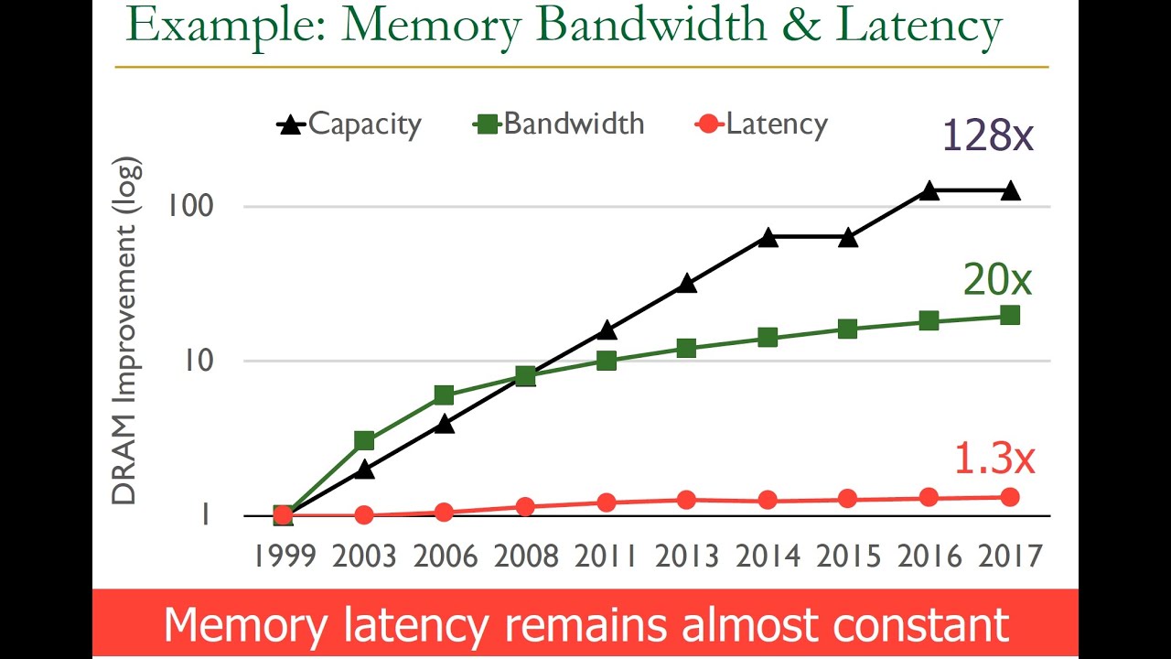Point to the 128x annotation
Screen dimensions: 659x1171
coord(986,135)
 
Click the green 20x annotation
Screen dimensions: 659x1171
coord(997,280)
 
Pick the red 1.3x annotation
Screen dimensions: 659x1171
coord(994,458)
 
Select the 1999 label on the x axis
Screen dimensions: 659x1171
coord(283,556)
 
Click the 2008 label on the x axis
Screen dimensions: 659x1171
coord(525,556)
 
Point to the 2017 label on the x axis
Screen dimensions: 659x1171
coord(1010,556)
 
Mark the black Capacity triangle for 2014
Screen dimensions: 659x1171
coord(768,238)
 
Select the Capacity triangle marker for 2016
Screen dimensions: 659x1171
coord(929,190)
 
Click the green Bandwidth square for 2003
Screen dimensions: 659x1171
coord(364,441)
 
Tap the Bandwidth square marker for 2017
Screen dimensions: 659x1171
coord(1010,315)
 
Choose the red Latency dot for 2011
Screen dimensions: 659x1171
coord(607,502)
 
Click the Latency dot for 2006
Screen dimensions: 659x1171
coord(445,512)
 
